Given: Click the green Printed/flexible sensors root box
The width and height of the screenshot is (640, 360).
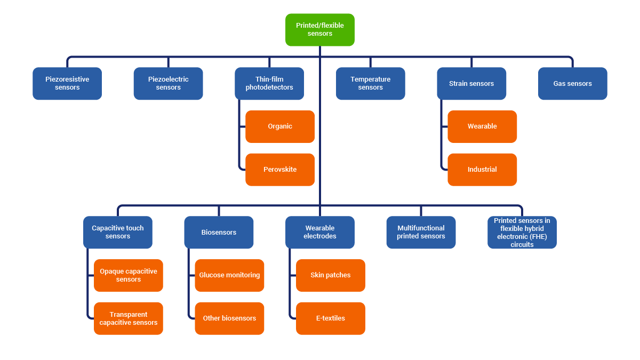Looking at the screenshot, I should click(x=320, y=30).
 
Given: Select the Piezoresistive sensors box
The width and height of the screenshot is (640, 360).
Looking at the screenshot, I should click(x=67, y=84).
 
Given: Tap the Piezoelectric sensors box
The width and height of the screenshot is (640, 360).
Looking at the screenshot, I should click(x=168, y=84).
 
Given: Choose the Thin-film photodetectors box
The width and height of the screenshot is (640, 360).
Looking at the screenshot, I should click(x=269, y=84).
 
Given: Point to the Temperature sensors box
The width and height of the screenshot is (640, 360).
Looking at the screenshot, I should click(x=370, y=84).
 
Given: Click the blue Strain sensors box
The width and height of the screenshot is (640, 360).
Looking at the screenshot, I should click(x=471, y=84).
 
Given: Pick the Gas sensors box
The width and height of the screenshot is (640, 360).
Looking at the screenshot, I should click(x=572, y=84).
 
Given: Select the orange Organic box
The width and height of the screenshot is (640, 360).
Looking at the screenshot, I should click(x=280, y=126).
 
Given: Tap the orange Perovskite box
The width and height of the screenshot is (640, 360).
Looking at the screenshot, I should click(x=280, y=170).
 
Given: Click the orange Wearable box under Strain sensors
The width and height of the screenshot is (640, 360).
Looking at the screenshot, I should click(x=482, y=126).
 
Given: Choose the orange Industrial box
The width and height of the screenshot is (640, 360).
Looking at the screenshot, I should click(x=482, y=170).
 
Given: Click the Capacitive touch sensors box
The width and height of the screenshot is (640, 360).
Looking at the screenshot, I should click(x=118, y=233).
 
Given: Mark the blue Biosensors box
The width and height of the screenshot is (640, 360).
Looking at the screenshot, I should click(x=219, y=233).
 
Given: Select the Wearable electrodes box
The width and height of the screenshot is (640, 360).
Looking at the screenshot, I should click(x=320, y=233).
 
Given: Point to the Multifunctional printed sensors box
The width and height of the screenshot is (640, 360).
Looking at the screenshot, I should click(x=421, y=233).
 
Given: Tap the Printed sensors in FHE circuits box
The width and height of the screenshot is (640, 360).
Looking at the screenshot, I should click(x=522, y=233).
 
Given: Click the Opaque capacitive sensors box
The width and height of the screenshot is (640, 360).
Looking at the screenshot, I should click(x=129, y=275).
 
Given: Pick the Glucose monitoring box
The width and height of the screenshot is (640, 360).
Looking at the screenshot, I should click(x=229, y=275).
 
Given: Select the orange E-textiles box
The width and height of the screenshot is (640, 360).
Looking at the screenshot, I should click(x=331, y=318).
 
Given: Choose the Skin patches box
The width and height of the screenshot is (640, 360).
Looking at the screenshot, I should click(x=331, y=275).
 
